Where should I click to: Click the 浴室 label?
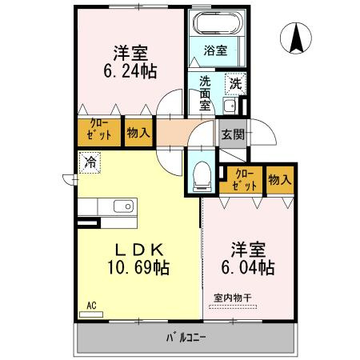217,50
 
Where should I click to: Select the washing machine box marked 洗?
235,82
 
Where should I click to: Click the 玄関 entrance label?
233,134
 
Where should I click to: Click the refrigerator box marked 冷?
89,161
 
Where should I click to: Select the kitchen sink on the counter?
124,206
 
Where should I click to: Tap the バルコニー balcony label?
186,337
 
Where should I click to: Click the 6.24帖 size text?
130,70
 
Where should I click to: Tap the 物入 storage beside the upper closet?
138,131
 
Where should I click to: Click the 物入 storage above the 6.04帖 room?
279,180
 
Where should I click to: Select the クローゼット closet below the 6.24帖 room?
98,131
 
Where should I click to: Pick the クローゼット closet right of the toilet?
243,180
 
